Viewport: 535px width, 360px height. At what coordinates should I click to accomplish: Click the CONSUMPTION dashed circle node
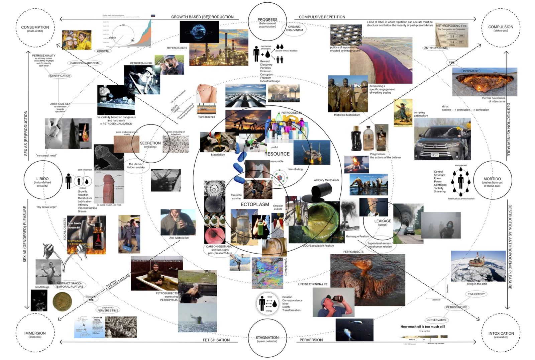point(35,28)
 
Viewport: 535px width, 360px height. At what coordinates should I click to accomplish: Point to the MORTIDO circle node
point(492,181)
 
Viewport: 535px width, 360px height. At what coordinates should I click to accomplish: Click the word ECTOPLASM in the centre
point(255,204)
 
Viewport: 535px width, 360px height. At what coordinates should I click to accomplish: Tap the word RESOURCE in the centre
point(277,154)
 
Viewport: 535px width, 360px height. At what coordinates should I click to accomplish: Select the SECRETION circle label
point(150,144)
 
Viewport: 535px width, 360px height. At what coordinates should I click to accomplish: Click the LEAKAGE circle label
point(383,221)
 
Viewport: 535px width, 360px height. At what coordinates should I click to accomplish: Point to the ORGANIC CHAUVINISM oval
point(294,28)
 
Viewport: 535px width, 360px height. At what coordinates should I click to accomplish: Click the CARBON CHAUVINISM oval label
point(85,63)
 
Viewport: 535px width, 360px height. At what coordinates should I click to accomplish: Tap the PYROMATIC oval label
point(471,71)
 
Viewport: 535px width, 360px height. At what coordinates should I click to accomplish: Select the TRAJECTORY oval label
point(476,294)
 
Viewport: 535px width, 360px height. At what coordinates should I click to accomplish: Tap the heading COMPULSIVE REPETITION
point(322,17)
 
